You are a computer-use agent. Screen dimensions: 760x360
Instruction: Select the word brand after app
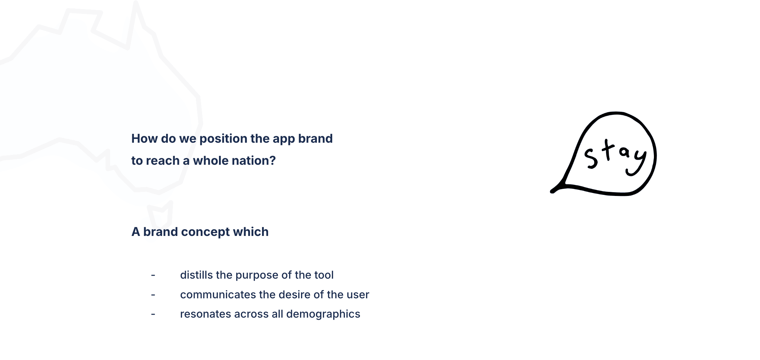(315, 139)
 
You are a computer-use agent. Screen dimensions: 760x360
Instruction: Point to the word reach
(164, 161)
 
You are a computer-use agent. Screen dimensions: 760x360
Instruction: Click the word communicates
(218, 295)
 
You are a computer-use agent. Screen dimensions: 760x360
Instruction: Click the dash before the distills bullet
(153, 275)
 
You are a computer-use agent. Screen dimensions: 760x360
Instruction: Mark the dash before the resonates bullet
(153, 315)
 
